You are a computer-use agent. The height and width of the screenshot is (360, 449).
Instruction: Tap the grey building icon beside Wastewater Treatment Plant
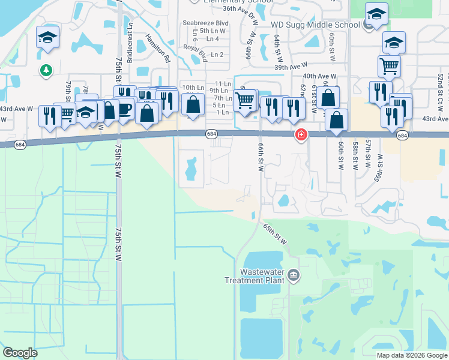point(293,275)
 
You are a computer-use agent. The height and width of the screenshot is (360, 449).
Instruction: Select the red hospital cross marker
point(300,136)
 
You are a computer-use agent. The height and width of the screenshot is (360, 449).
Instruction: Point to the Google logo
point(20,353)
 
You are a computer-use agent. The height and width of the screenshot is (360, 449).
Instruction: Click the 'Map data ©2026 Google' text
point(412,355)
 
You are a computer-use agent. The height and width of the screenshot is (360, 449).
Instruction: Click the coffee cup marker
point(124,109)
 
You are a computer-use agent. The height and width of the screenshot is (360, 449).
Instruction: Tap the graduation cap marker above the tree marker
point(47,38)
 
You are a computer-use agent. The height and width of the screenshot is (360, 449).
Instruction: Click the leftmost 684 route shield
point(20,145)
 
